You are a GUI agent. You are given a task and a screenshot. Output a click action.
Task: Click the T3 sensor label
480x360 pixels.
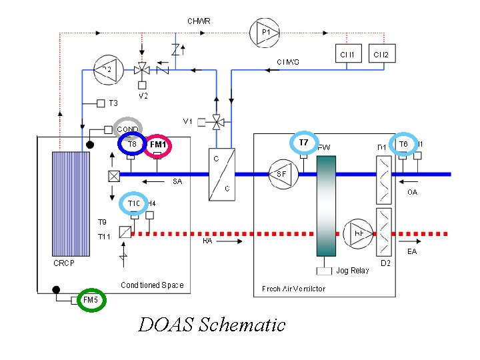point(113,103)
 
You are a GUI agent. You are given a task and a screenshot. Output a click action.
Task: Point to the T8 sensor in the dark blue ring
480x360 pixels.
point(132,144)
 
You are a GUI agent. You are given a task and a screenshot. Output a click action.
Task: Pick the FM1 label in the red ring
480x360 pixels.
point(158,145)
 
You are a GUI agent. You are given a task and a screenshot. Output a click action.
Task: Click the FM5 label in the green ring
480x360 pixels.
point(90,300)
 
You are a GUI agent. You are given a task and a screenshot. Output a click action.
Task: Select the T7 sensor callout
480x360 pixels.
point(304,143)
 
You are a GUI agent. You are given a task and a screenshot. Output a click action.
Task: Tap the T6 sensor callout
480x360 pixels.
point(403,144)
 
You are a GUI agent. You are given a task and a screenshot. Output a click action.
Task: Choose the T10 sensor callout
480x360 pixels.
point(134,203)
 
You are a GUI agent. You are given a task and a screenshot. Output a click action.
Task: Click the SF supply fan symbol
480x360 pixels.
point(282,174)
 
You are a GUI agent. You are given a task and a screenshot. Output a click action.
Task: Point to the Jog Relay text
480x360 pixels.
point(353,271)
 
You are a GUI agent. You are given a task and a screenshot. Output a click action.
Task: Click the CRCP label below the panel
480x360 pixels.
point(65,263)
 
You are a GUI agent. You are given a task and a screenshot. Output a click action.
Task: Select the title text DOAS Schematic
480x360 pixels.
point(211,325)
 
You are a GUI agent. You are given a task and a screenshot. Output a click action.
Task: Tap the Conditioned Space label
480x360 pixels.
point(152,285)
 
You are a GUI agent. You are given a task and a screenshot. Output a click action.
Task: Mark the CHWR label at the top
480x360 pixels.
point(199,21)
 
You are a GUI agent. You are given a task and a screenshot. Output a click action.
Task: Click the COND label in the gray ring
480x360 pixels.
point(128,129)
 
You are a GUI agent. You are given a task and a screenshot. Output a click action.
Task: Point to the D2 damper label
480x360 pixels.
point(385,264)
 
